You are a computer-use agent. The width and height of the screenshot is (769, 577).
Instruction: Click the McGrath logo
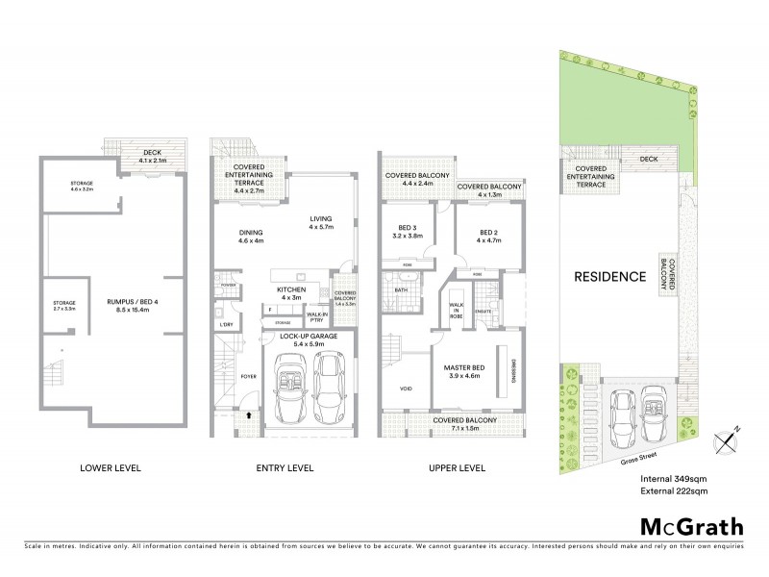(691, 526)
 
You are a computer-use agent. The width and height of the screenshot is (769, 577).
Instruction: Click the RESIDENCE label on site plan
(609, 277)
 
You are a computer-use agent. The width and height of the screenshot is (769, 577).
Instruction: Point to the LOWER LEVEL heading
(112, 468)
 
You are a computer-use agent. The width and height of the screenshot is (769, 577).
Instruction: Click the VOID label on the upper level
(405, 389)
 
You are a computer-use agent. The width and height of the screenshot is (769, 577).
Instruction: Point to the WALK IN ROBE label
(457, 310)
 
